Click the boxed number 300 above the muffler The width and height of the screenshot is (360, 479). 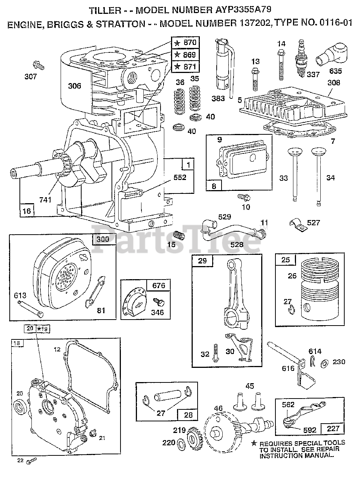click(103, 239)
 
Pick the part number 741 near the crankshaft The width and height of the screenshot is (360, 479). click(45, 200)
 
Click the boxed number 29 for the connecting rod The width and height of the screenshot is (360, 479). click(202, 261)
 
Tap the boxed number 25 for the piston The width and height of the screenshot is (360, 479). click(286, 260)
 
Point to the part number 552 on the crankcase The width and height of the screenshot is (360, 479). click(180, 178)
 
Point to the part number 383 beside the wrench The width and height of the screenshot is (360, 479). click(218, 98)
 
